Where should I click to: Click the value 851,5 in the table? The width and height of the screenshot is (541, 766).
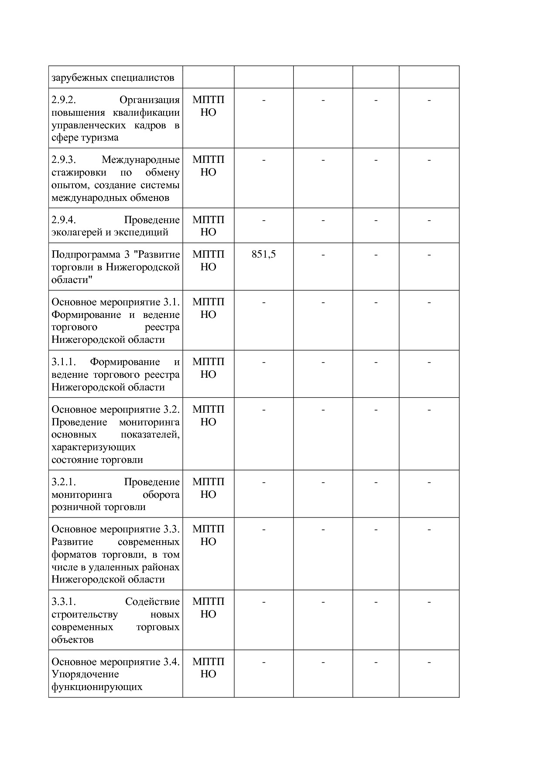(x=264, y=254)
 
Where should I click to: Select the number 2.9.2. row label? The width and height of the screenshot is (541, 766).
(x=64, y=100)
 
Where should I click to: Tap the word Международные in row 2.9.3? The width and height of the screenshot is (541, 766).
(x=140, y=160)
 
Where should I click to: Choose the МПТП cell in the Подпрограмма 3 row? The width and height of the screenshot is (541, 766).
(x=208, y=255)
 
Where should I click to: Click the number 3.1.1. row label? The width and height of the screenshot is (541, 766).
(x=64, y=362)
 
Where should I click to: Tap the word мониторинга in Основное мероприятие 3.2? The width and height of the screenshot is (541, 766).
(x=149, y=422)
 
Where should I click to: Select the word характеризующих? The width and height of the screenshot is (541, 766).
(x=93, y=447)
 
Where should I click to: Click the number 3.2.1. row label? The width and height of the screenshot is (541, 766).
(x=64, y=482)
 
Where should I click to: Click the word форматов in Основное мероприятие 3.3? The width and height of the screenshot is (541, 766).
(x=75, y=555)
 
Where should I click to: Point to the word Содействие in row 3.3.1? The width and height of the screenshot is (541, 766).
(x=152, y=602)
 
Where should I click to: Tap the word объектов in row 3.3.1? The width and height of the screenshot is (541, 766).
(x=72, y=640)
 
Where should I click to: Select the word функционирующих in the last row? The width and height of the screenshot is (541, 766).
(x=97, y=687)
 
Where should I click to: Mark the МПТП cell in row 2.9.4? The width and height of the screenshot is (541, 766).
(x=208, y=220)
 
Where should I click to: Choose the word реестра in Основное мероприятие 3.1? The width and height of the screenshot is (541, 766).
(x=162, y=327)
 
